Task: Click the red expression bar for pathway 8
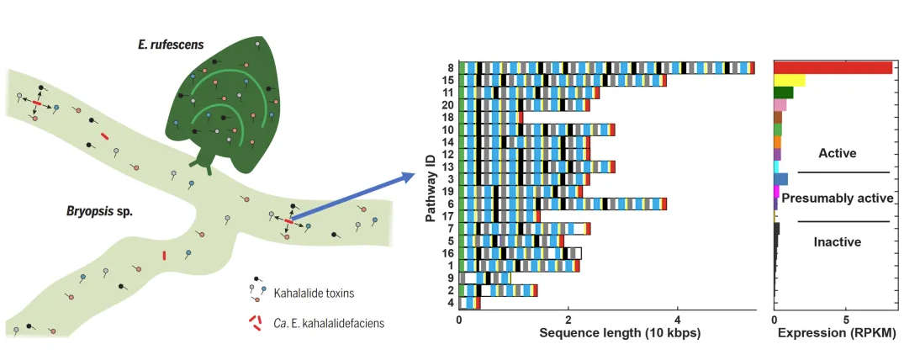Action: tap(833, 67)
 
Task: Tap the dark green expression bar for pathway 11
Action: tap(784, 93)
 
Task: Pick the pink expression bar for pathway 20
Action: tap(780, 105)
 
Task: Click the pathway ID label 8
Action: tap(450, 68)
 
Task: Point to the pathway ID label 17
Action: tap(447, 216)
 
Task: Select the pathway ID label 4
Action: tap(450, 303)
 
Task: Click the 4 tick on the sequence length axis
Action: tap(678, 319)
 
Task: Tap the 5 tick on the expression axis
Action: tap(845, 319)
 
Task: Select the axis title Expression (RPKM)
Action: tap(835, 334)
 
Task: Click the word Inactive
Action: tap(837, 242)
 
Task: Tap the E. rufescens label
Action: tap(179, 44)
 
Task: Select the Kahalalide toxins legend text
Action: tap(314, 293)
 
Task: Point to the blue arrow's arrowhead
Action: tap(408, 176)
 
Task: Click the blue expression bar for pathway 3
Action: tap(780, 179)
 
